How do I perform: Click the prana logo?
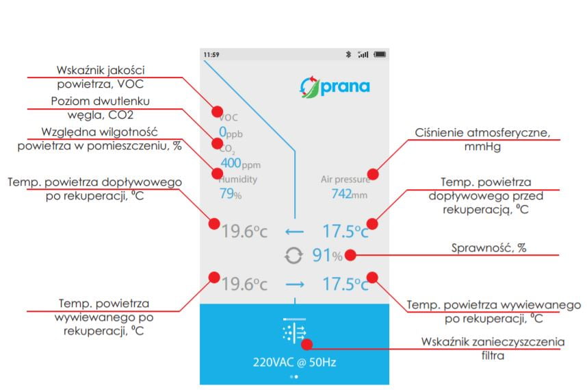[x=335, y=87]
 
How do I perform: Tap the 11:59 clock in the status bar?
[x=210, y=54]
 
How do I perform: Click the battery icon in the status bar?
[x=380, y=54]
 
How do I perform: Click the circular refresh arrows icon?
[x=293, y=256]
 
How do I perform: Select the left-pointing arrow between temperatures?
[x=294, y=231]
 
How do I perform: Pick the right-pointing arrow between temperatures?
[x=294, y=284]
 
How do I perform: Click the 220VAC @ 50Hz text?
[x=294, y=361]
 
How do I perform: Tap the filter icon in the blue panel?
[x=294, y=332]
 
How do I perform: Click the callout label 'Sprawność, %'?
[x=488, y=248]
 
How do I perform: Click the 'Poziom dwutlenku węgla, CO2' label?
[x=101, y=108]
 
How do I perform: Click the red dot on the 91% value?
[x=350, y=255]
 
